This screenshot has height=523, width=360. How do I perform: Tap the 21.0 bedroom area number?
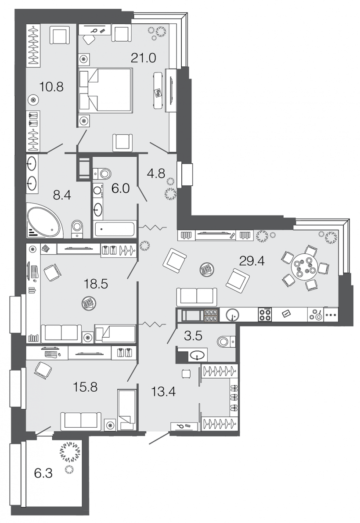click(143, 58)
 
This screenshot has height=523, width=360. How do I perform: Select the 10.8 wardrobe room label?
click(51, 87)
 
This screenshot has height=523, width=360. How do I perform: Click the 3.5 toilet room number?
click(193, 336)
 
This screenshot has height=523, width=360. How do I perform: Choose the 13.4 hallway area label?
click(163, 392)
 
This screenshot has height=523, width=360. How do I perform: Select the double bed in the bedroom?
click(106, 90)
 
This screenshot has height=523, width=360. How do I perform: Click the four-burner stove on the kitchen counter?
click(265, 314)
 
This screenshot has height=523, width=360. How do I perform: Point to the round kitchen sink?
click(233, 314)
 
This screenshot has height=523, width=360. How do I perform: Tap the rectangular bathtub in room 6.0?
click(115, 229)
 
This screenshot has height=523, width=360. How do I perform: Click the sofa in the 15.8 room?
click(81, 421)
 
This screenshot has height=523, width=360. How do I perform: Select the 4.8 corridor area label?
click(156, 174)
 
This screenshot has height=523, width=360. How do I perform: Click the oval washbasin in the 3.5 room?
click(198, 355)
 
